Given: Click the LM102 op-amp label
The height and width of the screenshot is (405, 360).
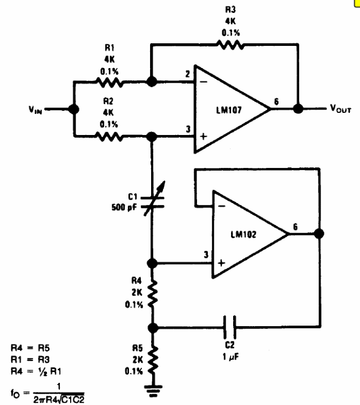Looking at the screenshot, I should (243, 235).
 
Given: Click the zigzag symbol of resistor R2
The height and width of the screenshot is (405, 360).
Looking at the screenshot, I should (110, 137).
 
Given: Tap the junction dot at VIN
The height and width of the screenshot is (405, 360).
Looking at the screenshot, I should (74, 109).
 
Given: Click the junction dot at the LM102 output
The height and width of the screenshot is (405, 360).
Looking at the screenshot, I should (319, 234).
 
